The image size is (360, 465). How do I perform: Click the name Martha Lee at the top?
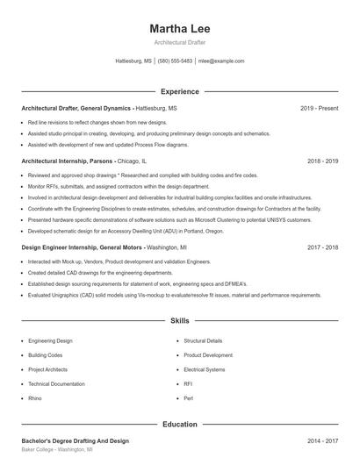180,28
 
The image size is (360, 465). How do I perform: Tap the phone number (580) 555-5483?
175,61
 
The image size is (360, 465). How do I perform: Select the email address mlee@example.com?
221,61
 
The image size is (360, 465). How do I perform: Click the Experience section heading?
180,91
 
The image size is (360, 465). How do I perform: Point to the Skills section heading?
180,322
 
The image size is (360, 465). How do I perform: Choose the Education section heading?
180,424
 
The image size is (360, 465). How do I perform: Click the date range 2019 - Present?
319,108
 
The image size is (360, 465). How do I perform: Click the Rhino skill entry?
34,398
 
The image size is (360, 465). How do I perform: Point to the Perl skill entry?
188,398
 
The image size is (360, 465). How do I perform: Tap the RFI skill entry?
188,383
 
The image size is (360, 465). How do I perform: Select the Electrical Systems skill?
204,369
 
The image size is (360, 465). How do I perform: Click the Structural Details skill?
203,340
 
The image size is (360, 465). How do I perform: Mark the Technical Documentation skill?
56,383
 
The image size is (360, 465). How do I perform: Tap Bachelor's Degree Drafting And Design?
75,440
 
